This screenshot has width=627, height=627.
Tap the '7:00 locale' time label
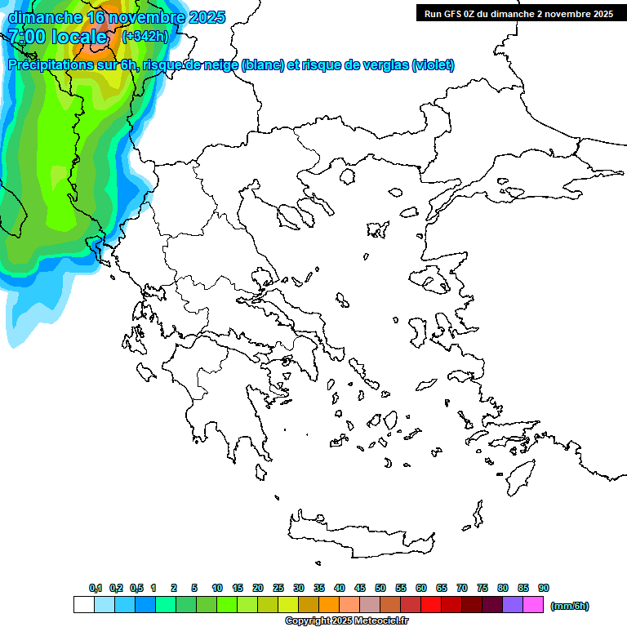[x=57, y=37]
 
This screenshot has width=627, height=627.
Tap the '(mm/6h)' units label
[x=570, y=606]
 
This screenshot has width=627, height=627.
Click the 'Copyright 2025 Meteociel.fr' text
[x=346, y=621]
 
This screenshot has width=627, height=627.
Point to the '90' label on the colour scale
[x=544, y=589]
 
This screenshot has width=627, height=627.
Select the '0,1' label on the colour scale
[x=96, y=589]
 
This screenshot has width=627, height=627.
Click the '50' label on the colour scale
[x=380, y=589]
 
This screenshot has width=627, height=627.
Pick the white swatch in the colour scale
[x=83, y=605]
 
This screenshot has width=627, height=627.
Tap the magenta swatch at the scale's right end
[x=533, y=605]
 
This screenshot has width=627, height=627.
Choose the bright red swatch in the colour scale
[x=431, y=605]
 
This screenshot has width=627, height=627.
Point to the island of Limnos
[x=377, y=229]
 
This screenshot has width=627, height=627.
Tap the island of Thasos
[x=346, y=176]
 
